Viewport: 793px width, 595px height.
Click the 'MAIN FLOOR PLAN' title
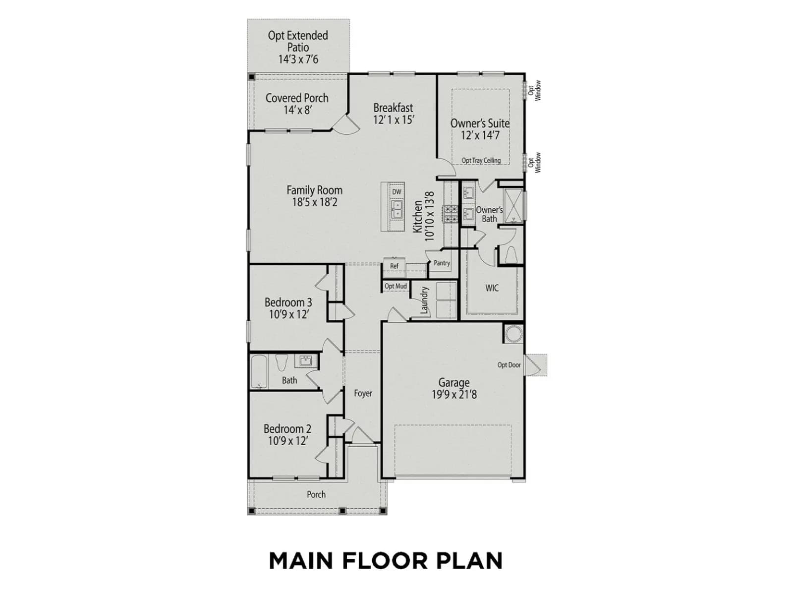[386, 561]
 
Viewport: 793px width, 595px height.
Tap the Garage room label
[454, 382]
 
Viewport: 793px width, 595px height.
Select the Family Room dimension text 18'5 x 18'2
[315, 202]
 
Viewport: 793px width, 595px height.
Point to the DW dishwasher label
[396, 192]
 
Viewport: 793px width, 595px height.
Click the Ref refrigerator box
[394, 266]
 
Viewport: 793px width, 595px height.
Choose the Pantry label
[442, 263]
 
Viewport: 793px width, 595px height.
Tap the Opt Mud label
[396, 286]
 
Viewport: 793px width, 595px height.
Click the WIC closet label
[492, 288]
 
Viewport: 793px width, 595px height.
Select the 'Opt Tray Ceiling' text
[481, 160]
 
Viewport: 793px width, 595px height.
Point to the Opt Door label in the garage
[509, 365]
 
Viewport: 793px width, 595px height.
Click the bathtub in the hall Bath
[259, 372]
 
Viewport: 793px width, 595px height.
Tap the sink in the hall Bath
[306, 360]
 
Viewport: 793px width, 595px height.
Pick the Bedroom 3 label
[288, 302]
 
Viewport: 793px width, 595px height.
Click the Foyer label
[363, 393]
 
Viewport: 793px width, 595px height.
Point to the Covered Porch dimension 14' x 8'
[297, 110]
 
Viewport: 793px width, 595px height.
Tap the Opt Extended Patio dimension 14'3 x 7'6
[298, 59]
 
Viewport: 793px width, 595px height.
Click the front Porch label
[316, 494]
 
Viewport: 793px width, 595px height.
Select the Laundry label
[424, 300]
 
